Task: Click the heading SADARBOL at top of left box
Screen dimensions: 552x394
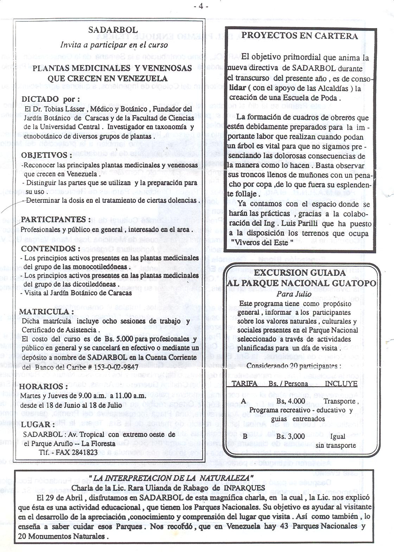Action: coord(113,30)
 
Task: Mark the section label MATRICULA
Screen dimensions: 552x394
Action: coord(46,312)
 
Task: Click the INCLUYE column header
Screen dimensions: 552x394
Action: coord(341,383)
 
